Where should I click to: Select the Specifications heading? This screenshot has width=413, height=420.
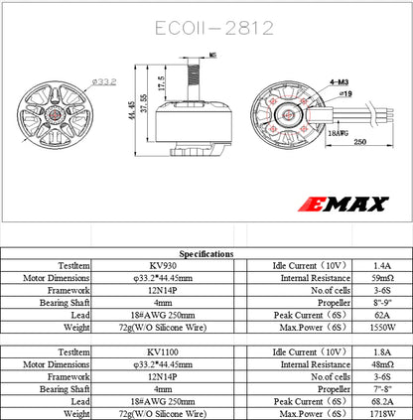click(x=206, y=255)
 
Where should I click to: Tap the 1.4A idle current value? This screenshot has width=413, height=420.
click(x=381, y=267)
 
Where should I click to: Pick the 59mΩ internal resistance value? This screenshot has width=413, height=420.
click(x=381, y=280)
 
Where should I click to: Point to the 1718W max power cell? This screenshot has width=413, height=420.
click(x=381, y=412)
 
